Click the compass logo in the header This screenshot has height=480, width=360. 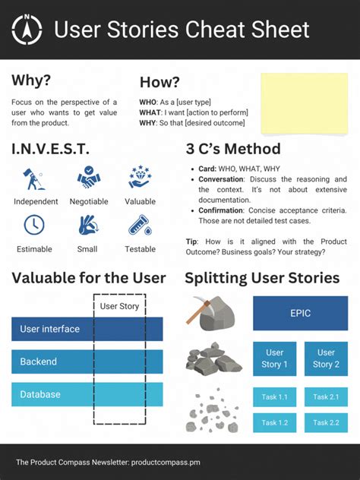point(28,30)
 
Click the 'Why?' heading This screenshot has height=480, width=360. point(31,81)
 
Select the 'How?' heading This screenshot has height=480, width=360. point(159,82)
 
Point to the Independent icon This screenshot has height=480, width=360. point(35,179)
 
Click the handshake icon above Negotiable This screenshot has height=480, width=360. point(89,178)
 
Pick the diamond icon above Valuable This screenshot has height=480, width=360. point(140,178)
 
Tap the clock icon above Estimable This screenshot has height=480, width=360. point(34,225)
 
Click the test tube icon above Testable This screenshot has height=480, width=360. point(140,226)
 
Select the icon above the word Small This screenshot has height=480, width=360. point(88,226)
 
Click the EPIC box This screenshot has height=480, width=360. point(295,313)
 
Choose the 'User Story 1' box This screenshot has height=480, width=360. point(274,358)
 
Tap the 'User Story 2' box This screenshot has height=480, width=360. point(326,358)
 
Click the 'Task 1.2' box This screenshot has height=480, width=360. point(274,422)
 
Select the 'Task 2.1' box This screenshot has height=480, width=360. point(326,397)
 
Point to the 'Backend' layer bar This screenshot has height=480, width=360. point(87,362)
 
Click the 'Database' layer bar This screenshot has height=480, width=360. point(87,394)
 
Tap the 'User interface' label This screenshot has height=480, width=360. point(49,329)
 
